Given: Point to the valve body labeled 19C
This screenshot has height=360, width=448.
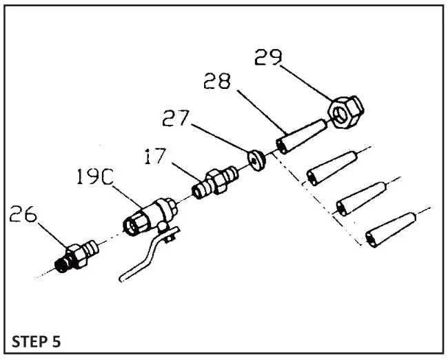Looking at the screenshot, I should coord(148,214).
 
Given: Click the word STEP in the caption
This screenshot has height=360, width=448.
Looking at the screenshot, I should coord(30,341).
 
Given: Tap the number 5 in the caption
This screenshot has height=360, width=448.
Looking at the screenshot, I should coord(63,341).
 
